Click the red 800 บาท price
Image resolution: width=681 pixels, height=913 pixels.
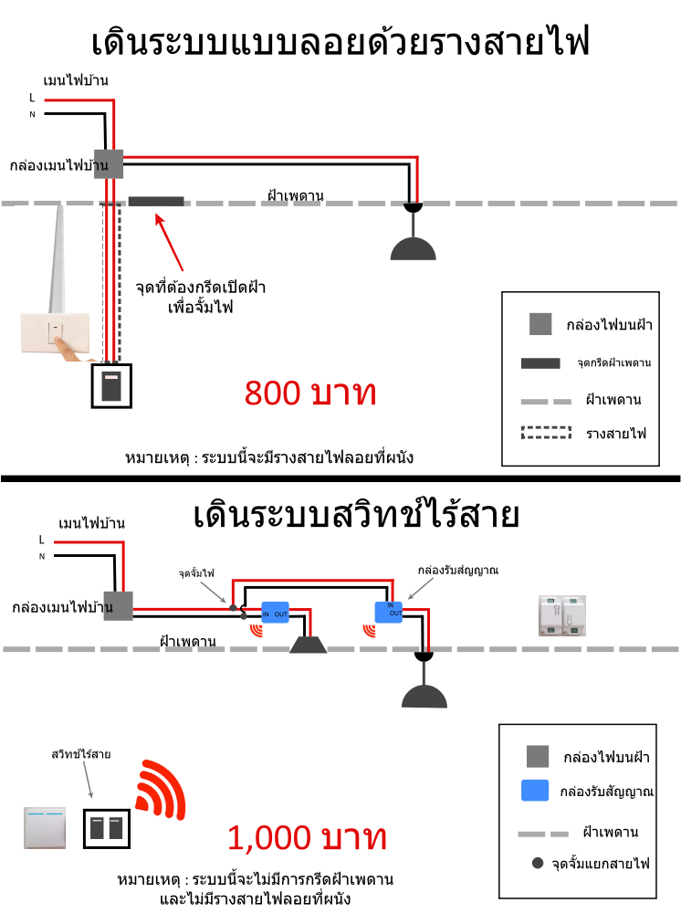coord(310,393)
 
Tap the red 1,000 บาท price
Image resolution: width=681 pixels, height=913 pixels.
coord(307,837)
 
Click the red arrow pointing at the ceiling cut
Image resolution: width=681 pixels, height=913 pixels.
coord(169,242)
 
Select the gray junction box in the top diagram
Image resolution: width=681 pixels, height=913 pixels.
coord(109,164)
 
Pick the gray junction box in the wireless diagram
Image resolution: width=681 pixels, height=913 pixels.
coord(118,606)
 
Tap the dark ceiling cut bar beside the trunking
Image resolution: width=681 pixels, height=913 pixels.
coord(156,202)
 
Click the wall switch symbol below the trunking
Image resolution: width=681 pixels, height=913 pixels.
coord(111,386)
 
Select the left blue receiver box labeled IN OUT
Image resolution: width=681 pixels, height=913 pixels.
coord(275,613)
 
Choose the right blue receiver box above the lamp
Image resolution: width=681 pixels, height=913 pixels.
coord(389,612)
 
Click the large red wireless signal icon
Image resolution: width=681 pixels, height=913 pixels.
coord(160,789)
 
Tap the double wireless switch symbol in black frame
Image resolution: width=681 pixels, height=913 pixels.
coord(107,828)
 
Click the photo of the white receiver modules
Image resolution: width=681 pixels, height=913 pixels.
coord(562,615)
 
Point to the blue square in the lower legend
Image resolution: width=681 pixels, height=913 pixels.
coord(535,790)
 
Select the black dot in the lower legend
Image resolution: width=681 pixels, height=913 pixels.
coord(538,863)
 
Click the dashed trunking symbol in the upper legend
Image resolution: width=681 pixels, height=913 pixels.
coord(546,432)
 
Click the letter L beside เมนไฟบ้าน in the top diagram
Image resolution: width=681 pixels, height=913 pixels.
coord(32,98)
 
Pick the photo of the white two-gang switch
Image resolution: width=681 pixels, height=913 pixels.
coord(45,827)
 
